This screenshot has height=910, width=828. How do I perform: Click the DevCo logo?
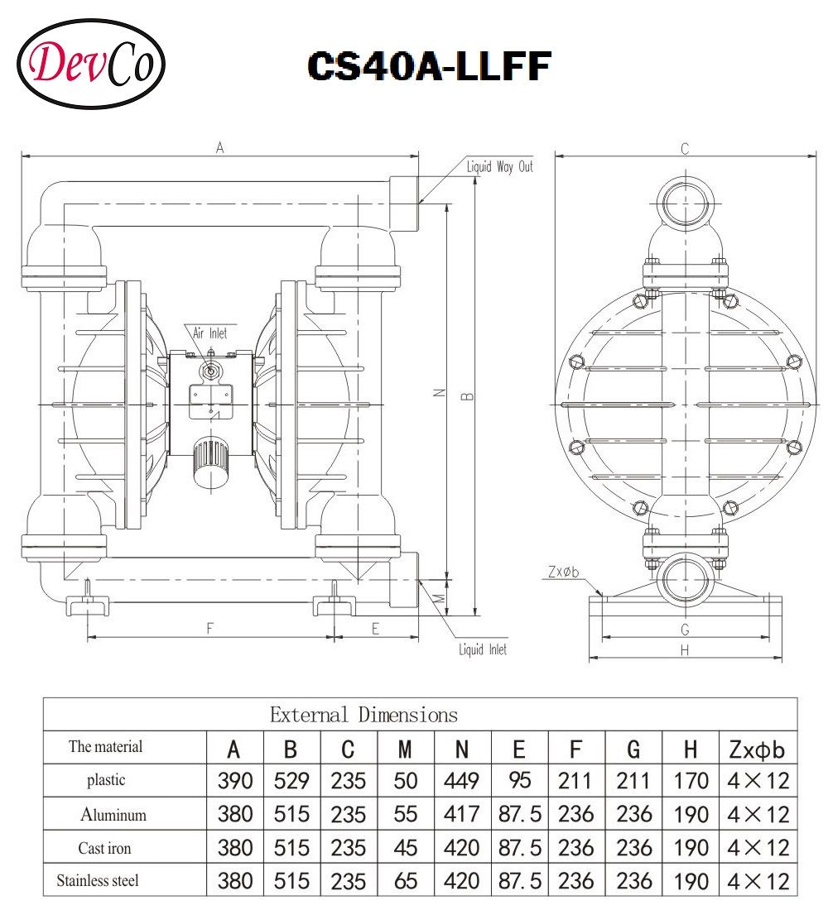pos(91,64)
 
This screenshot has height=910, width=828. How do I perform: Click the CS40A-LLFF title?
pos(428,65)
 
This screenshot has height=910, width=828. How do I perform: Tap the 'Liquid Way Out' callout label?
pos(500,167)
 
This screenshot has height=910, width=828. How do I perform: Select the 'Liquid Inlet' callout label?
pos(483,649)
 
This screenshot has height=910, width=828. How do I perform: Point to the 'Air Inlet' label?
pos(209,333)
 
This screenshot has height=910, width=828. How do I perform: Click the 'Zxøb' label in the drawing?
pos(562,572)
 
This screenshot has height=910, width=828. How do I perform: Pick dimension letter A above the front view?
pos(219,148)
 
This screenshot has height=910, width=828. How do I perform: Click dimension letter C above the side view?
pos(684,149)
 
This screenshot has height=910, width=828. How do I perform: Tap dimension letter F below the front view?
pos(209,629)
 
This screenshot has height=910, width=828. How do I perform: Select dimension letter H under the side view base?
pos(684,651)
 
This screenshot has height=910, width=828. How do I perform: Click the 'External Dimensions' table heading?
pos(363,714)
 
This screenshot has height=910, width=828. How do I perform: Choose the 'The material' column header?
pos(105,747)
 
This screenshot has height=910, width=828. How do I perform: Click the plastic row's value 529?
pos(291,780)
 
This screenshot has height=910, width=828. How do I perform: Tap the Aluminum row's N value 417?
pos(461,814)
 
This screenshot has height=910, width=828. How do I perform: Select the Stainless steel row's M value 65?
pos(405,880)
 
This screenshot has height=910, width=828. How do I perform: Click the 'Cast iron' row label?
pos(104,848)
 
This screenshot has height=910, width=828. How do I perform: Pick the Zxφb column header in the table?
pos(758,750)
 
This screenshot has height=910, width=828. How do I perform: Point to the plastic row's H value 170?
pos(691,780)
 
